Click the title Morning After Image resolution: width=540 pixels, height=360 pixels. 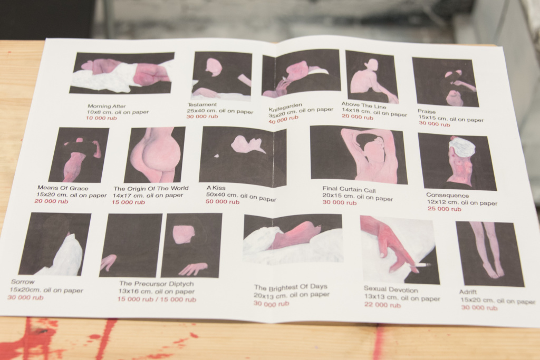tap(107, 106)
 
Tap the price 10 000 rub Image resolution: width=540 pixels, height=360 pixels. tap(102, 118)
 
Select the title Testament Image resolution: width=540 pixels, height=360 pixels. tap(202, 104)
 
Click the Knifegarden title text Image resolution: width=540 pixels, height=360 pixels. tap(285, 106)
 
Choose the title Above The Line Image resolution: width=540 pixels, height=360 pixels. tap(364, 105)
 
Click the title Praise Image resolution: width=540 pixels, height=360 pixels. tap(427, 112)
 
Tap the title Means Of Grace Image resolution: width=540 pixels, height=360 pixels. tap(63, 188)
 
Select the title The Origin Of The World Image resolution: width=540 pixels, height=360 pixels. tap(151, 188)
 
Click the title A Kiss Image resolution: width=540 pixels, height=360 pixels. tap(216, 188)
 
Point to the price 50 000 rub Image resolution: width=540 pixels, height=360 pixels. tap(223, 202)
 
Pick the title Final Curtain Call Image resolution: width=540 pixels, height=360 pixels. tap(349, 189)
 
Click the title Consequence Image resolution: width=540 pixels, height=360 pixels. tap(447, 195)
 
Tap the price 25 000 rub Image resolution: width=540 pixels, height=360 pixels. tap(444, 209)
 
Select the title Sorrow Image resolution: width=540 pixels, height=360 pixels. tap(23, 281)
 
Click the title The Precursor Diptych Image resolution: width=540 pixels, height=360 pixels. tap(156, 284)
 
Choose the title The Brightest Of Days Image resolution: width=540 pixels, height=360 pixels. tap(291, 287)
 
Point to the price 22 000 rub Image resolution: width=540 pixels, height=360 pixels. tap(382, 305)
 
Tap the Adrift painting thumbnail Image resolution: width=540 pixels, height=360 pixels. tap(490, 254)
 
